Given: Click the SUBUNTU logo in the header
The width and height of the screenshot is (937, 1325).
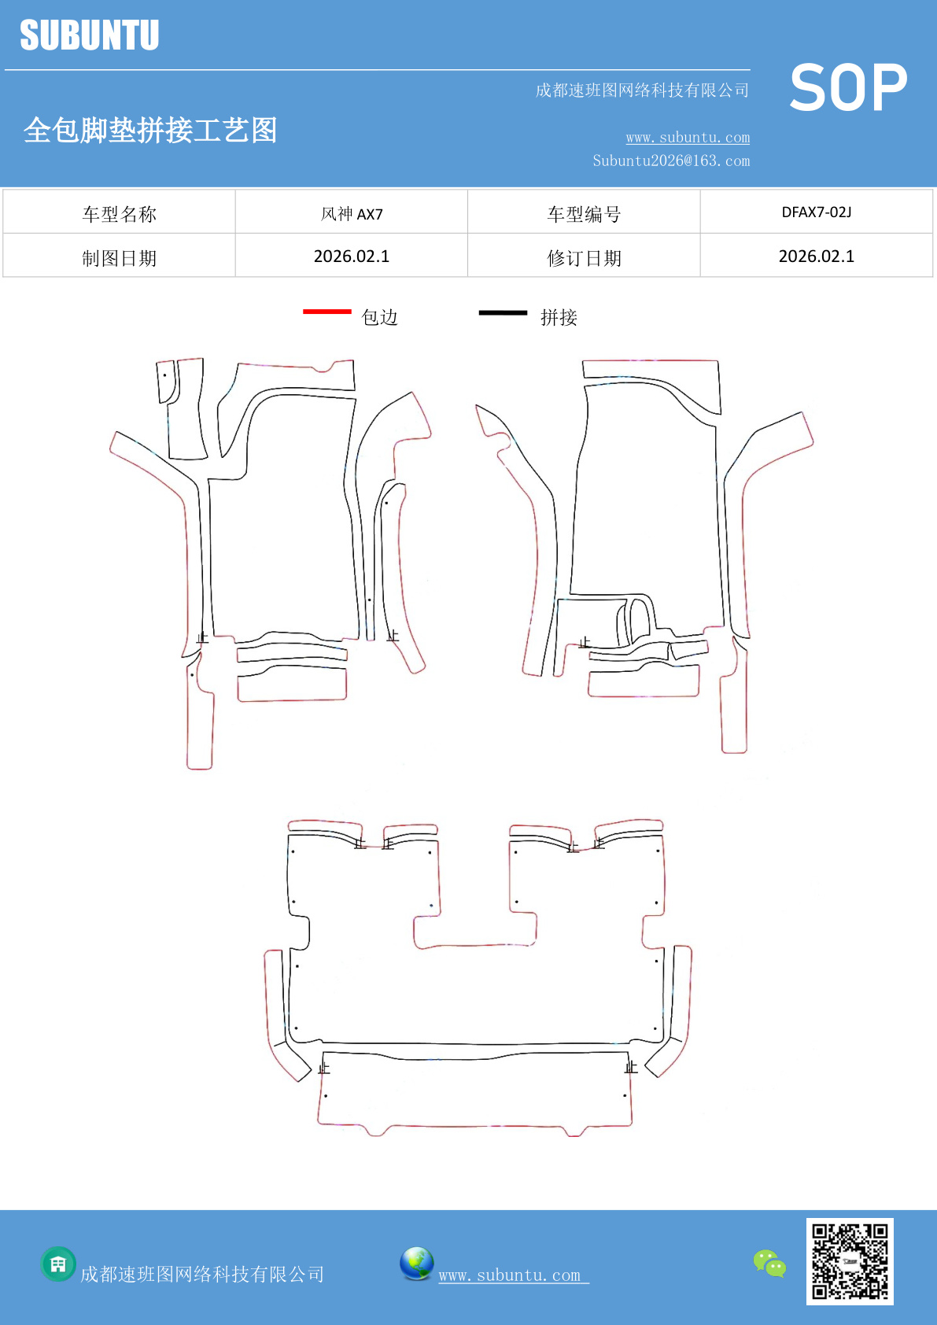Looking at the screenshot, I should click(90, 36).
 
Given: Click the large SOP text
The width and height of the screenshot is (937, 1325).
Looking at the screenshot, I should click(848, 88).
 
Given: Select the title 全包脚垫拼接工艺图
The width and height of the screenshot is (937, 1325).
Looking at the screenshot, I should click(150, 131).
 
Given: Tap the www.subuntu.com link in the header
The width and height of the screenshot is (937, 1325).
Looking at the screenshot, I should click(688, 138).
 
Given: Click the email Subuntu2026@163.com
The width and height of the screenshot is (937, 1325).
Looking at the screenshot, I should click(671, 161).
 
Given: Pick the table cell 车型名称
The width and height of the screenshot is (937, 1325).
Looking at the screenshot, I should click(120, 214).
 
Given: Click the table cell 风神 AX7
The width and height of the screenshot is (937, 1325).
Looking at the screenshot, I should click(352, 214).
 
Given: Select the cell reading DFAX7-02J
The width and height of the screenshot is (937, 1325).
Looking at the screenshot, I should click(816, 212).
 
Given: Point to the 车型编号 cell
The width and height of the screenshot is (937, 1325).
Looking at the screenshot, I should click(584, 214).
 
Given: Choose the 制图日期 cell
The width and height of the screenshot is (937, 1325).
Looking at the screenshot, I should click(120, 258).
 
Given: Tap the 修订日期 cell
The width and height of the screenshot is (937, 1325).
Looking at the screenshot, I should click(584, 258).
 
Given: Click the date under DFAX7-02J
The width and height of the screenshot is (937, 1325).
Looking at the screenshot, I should click(816, 257).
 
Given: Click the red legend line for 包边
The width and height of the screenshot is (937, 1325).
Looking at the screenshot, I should click(327, 312).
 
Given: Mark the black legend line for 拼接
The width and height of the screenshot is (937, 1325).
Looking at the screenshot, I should click(503, 313).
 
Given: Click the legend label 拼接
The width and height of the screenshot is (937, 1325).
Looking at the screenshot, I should click(559, 317).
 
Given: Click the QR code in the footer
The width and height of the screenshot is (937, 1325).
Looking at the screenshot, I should click(850, 1261).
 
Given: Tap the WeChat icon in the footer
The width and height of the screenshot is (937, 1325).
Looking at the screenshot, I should click(769, 1264).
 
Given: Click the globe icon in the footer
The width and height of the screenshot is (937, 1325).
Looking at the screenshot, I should click(416, 1264).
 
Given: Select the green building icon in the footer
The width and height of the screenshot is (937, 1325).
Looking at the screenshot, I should click(58, 1264).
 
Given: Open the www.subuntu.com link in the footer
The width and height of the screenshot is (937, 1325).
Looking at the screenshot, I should click(512, 1275).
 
